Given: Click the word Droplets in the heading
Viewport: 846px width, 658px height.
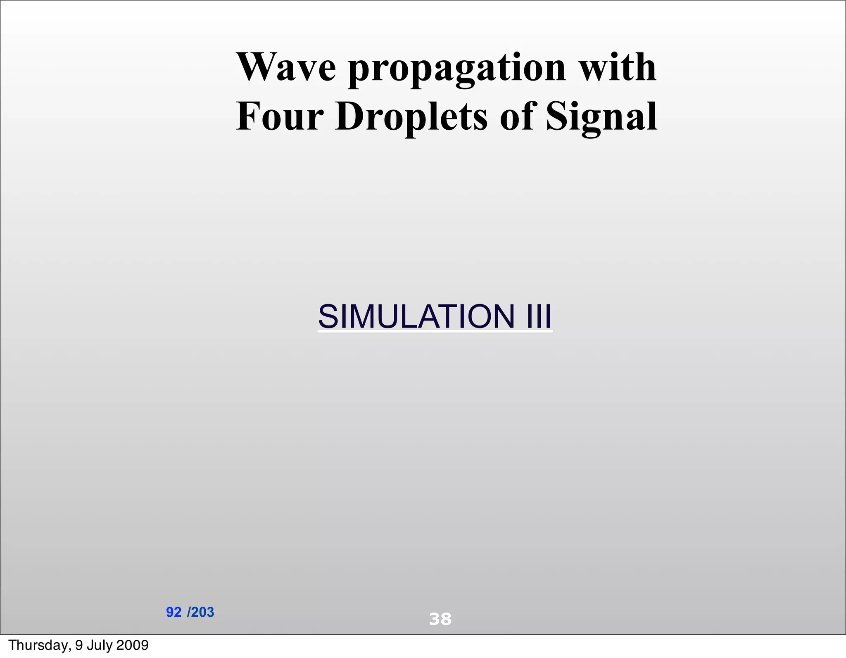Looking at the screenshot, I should [411, 118].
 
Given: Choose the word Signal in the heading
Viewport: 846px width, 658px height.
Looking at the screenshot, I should [601, 118].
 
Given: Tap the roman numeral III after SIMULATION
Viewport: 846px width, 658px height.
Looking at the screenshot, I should [539, 316].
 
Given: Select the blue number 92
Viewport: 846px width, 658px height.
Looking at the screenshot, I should [173, 612].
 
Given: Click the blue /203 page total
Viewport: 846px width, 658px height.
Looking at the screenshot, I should [201, 612].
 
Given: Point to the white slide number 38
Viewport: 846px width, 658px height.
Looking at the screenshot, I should [440, 619].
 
